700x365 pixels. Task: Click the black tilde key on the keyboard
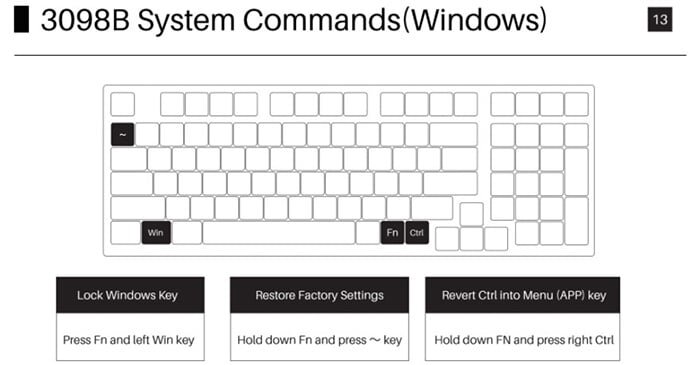(122, 134)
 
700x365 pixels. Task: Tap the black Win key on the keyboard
(156, 232)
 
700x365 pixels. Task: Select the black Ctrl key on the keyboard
(417, 232)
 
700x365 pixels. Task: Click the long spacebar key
(279, 232)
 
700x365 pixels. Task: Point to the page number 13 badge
(660, 20)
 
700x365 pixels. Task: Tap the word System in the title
(186, 21)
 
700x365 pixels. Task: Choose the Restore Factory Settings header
(319, 295)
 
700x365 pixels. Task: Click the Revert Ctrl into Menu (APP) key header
(522, 295)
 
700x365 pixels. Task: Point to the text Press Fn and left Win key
(129, 340)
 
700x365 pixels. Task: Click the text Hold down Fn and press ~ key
(320, 340)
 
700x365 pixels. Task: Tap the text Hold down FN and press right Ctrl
(524, 340)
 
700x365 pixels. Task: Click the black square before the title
(21, 20)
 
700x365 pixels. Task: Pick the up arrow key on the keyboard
(471, 214)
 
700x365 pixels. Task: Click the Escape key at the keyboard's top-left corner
(122, 104)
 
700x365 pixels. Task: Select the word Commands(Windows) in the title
(395, 21)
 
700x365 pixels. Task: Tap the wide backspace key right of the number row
(453, 134)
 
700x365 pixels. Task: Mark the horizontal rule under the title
(350, 55)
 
